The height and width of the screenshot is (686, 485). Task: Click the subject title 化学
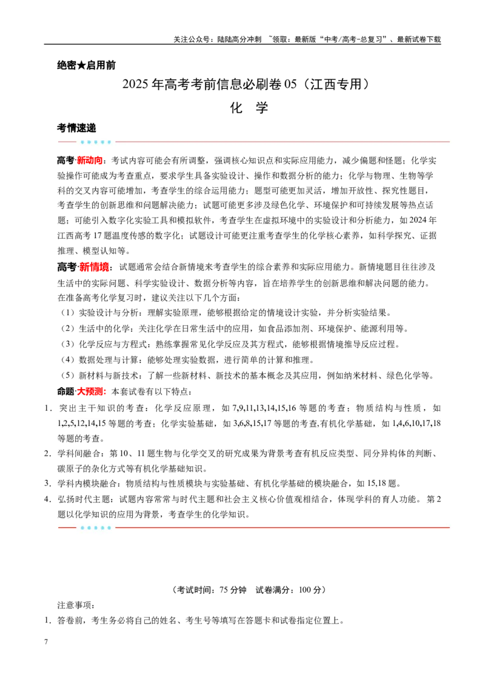pyautogui.click(x=249, y=108)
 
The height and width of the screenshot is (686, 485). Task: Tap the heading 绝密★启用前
pyautogui.click(x=86, y=65)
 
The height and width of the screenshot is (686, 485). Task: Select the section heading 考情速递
pyautogui.click(x=76, y=128)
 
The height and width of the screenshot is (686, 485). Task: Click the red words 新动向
pyautogui.click(x=90, y=161)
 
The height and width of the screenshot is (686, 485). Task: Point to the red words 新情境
pyautogui.click(x=94, y=267)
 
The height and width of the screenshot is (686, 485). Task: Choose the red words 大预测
pyautogui.click(x=90, y=391)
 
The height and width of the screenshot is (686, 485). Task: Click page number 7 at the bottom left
pyautogui.click(x=46, y=642)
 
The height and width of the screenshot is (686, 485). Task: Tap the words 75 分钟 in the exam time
pyautogui.click(x=233, y=590)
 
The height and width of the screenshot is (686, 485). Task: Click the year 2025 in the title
pyautogui.click(x=136, y=84)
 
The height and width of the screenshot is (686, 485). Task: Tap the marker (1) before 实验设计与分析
pyautogui.click(x=68, y=313)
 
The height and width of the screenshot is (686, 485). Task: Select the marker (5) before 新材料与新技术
pyautogui.click(x=68, y=375)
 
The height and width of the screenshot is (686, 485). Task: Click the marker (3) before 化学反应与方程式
pyautogui.click(x=68, y=344)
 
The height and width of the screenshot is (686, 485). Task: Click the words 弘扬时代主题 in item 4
pyautogui.click(x=83, y=499)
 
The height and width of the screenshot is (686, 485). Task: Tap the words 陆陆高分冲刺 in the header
pyautogui.click(x=239, y=39)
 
